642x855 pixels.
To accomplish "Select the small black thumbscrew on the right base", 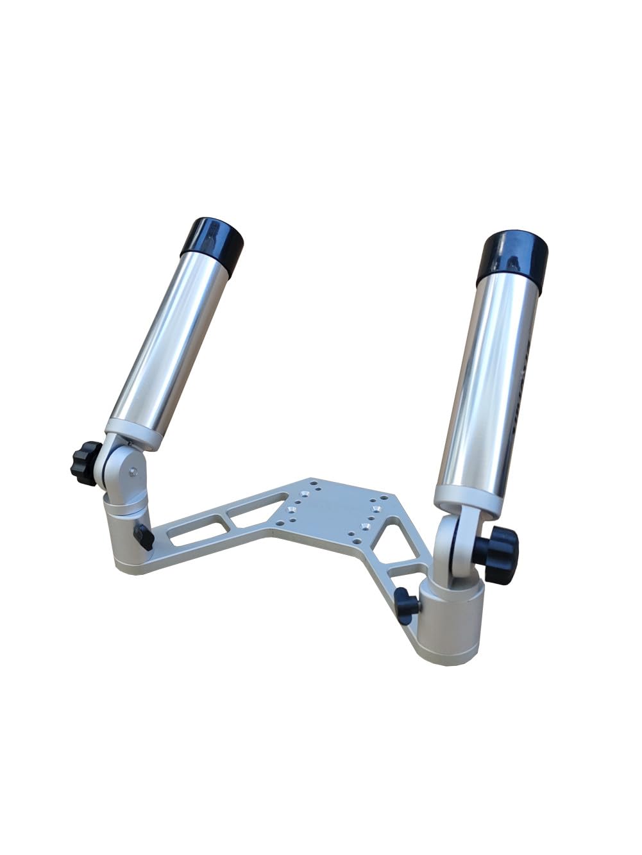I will tap(406, 604).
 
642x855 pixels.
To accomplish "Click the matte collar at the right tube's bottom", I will tap(466, 497).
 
